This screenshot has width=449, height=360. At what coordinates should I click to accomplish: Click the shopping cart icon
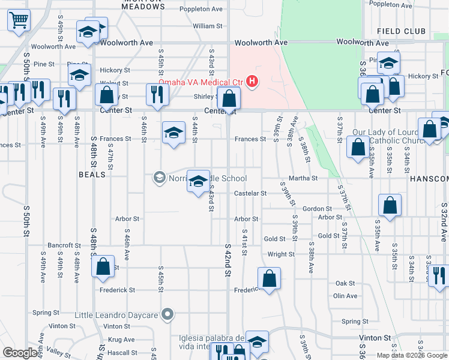tap(19, 20)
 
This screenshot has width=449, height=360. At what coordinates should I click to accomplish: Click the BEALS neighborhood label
tap(92, 175)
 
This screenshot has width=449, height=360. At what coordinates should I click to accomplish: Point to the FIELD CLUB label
tap(402, 31)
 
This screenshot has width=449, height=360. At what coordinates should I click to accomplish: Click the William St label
tap(208, 26)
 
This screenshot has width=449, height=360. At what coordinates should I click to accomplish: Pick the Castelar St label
tap(250, 194)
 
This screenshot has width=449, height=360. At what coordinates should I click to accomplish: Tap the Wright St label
tap(281, 254)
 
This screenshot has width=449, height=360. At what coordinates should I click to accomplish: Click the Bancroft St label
tap(64, 245)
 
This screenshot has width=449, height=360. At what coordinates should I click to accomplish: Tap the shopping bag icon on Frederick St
tap(269, 278)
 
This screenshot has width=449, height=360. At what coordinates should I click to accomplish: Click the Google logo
tap(20, 353)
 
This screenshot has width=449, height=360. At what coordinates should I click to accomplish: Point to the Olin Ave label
tap(345, 296)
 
